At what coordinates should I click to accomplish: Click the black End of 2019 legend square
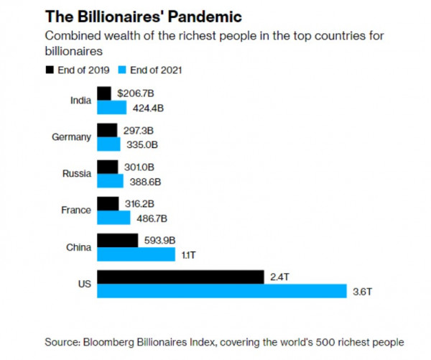[50, 70]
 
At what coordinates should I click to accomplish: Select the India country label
[81, 101]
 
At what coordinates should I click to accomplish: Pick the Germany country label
[72, 137]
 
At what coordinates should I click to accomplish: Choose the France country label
[76, 211]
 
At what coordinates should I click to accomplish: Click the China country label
[79, 247]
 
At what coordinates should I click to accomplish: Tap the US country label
[85, 284]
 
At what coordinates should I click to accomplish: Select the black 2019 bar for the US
[180, 277]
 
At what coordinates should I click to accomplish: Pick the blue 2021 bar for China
[136, 254]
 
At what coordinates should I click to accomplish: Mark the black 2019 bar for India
[104, 93]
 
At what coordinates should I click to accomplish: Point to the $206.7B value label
[134, 94]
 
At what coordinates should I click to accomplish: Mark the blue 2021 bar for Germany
[108, 144]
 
